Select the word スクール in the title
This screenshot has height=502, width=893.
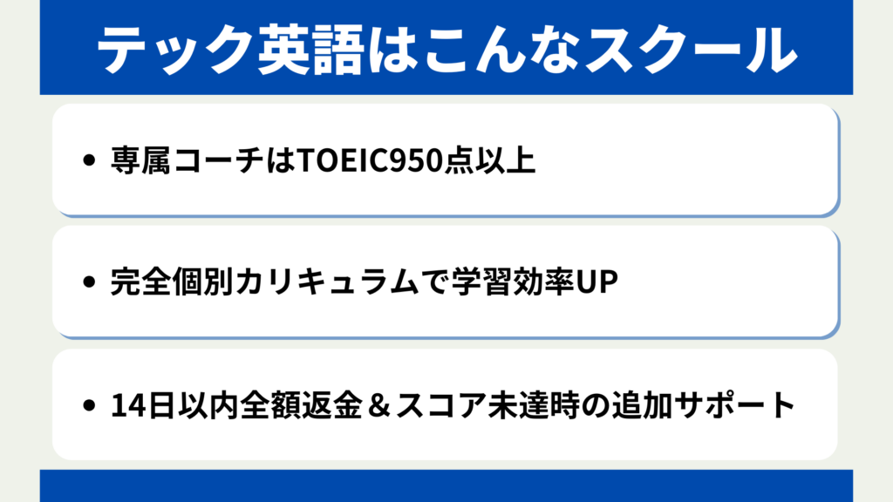692,50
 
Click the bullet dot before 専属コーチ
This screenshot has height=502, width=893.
89,160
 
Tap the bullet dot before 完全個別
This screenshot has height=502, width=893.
89,282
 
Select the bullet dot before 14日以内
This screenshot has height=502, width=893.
89,405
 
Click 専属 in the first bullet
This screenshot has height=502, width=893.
140,160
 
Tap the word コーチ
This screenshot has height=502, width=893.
218,160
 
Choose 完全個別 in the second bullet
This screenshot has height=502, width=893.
172,282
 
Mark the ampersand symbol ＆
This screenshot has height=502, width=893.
378,406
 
